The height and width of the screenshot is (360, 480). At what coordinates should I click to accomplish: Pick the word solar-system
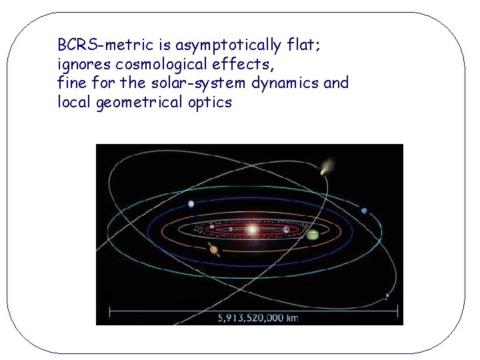[x=199, y=83]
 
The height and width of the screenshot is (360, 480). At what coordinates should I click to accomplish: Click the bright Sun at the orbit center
[x=252, y=230]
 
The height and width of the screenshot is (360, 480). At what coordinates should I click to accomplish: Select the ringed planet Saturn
[x=214, y=251]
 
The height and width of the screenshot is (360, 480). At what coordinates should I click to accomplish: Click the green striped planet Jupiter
[x=313, y=235]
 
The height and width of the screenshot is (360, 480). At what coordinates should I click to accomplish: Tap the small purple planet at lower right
[x=387, y=297]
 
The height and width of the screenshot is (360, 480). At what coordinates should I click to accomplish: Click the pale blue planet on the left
[x=191, y=204]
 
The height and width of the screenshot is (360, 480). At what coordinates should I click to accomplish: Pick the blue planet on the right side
[x=364, y=211]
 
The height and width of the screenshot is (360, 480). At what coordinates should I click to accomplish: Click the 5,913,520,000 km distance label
[x=258, y=318]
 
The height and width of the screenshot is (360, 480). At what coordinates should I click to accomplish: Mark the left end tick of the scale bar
[x=110, y=311]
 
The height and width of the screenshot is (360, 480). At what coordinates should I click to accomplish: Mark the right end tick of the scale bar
[x=397, y=311]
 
